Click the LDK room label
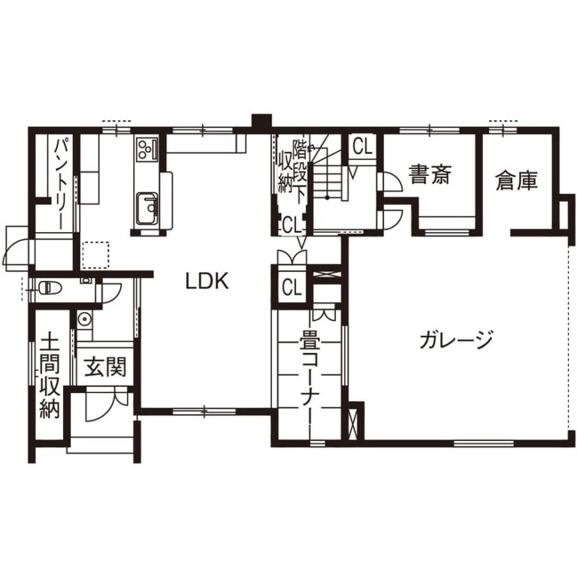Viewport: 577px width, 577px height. click(207, 281)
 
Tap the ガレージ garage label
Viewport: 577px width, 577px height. click(456, 340)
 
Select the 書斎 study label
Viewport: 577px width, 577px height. click(430, 174)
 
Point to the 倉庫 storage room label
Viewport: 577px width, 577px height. click(517, 180)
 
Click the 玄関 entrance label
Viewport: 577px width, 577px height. click(106, 367)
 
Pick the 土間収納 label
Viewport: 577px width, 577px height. click(50, 375)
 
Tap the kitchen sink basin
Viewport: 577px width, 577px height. click(147, 209)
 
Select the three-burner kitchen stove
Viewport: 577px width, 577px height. click(147, 149)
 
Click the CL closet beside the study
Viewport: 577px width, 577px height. click(362, 147)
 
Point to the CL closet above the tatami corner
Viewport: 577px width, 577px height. click(292, 288)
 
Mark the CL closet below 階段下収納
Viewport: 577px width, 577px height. click(292, 225)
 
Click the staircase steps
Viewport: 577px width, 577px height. click(327, 180)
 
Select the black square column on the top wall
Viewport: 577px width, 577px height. click(261, 122)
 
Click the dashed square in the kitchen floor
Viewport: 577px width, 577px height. click(95, 255)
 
